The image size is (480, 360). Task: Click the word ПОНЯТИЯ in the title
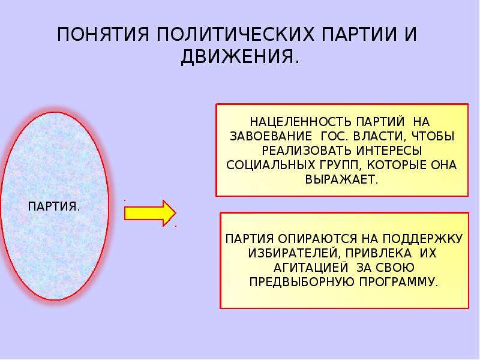click(x=103, y=34)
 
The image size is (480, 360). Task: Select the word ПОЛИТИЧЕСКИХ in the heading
click(x=236, y=34)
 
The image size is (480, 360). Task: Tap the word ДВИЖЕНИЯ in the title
click(x=238, y=56)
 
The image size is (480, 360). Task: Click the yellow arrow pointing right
click(x=151, y=214)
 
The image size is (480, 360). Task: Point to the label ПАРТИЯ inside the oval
click(x=52, y=206)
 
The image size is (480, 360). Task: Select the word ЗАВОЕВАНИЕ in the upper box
click(x=271, y=136)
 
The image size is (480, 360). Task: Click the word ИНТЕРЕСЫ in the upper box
click(x=389, y=151)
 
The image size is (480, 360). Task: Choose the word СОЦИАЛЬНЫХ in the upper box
click(x=271, y=165)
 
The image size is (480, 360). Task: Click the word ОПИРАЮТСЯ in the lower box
click(x=318, y=238)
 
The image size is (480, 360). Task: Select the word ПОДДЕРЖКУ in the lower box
click(x=422, y=238)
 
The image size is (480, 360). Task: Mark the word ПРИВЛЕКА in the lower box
click(x=377, y=253)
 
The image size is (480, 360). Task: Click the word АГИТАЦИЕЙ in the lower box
click(x=311, y=268)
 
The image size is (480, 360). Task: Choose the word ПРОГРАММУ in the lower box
click(x=397, y=282)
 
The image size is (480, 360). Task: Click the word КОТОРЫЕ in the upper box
click(x=397, y=165)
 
